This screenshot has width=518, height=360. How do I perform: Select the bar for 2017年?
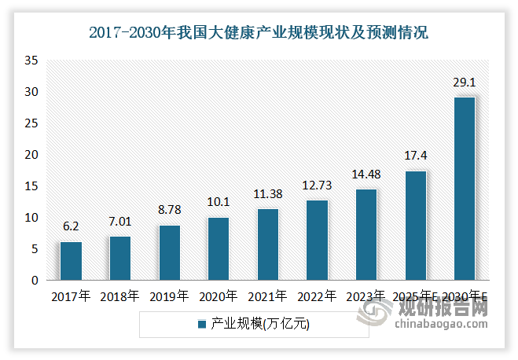pyautogui.click(x=71, y=261)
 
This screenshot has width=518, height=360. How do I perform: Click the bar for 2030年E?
pyautogui.click(x=464, y=189)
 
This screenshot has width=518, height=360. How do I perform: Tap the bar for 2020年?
pyautogui.click(x=219, y=248)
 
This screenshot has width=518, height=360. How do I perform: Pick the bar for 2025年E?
pyautogui.click(x=415, y=226)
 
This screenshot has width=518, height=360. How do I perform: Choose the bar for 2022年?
pyautogui.click(x=317, y=241)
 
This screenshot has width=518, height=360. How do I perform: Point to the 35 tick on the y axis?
pyautogui.click(x=31, y=61)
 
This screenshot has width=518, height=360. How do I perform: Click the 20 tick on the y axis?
pyautogui.click(x=31, y=155)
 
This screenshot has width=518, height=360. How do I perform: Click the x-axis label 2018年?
pyautogui.click(x=119, y=296)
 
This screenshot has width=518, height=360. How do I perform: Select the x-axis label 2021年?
pyautogui.click(x=267, y=296)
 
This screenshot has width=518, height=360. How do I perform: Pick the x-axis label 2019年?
pyautogui.click(x=169, y=296)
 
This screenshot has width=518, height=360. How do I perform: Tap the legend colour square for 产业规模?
pyautogui.click(x=202, y=324)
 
